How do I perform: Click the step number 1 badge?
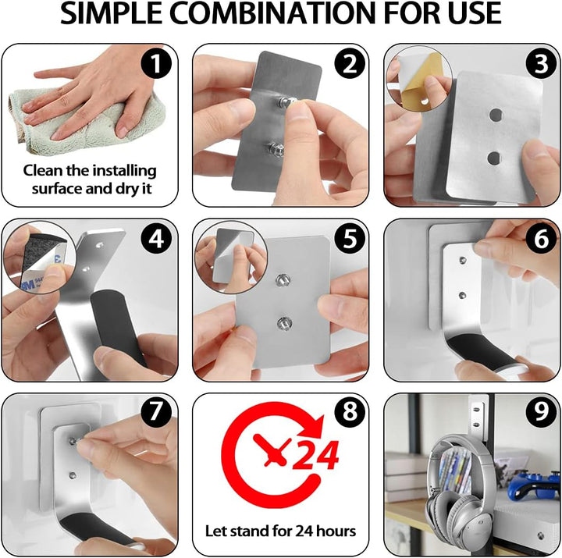tap(156, 63)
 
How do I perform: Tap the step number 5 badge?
tap(350, 238)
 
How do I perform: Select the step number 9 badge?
tap(541, 412)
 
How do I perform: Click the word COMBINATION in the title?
tap(272, 13)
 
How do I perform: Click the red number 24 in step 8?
tap(315, 455)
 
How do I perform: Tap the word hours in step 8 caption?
tap(334, 531)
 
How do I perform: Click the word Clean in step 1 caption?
tap(43, 170)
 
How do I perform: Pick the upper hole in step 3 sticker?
tap(496, 115)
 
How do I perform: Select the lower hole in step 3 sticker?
tap(494, 158)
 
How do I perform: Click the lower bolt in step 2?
tap(276, 150)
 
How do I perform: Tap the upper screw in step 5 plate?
tap(283, 280)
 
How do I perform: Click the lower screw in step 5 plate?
tap(284, 323)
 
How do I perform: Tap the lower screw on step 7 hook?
tap(73, 475)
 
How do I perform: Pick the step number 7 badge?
tap(156, 412)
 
